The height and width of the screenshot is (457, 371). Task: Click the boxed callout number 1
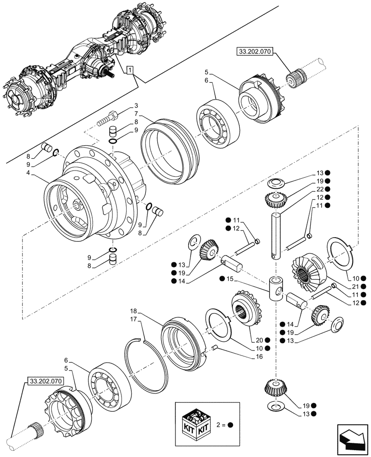click(x=131, y=70)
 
